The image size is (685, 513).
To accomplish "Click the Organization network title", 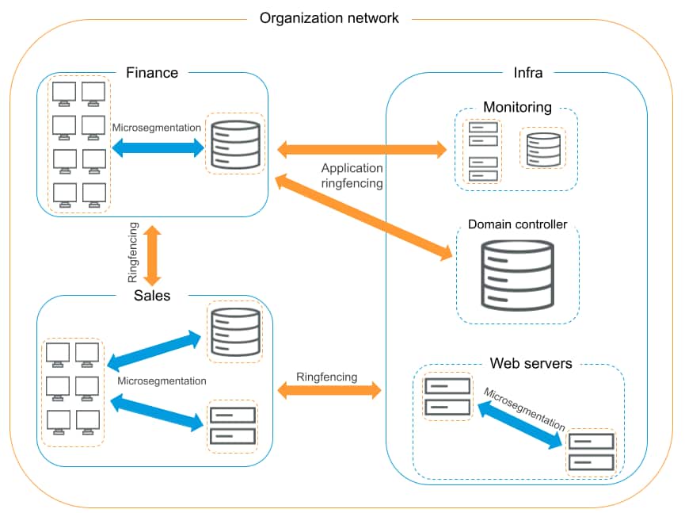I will click(x=329, y=17).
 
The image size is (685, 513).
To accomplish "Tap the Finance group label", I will click(x=152, y=73).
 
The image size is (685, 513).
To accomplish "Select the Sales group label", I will click(x=151, y=296).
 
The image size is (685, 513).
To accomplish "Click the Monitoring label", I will click(x=517, y=107).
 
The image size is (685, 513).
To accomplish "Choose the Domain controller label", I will click(x=518, y=225).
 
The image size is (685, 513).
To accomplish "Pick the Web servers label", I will click(x=531, y=364).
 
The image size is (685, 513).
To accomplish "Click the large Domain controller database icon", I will click(x=518, y=274).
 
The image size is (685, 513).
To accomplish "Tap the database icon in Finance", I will click(x=235, y=144).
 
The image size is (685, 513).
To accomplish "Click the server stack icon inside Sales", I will click(x=232, y=425).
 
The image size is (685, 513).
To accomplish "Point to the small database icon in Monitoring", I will click(x=543, y=148).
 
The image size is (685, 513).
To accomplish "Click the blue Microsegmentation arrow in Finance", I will click(x=158, y=147).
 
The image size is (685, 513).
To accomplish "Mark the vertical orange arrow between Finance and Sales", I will click(x=151, y=255).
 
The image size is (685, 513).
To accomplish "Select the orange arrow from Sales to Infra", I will click(x=329, y=391).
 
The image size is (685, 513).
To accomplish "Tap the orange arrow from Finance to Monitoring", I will click(x=361, y=148).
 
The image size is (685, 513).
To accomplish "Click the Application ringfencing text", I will click(x=352, y=175).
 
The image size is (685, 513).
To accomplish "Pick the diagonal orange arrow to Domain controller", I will click(x=364, y=217).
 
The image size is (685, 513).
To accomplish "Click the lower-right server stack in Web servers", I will click(x=591, y=452).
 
